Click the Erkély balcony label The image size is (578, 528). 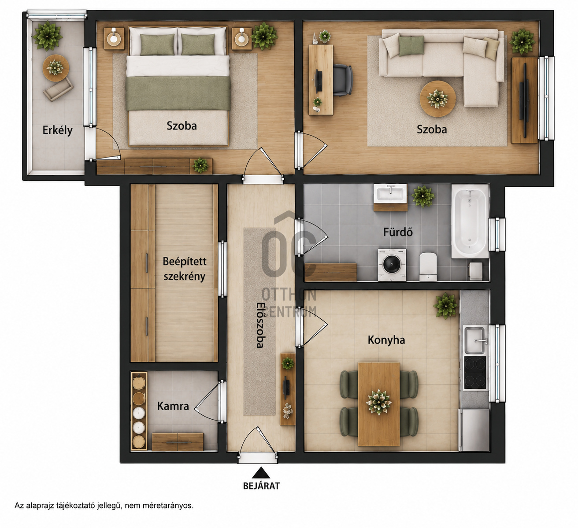coord(57,130)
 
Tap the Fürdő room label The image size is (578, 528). coord(398,232)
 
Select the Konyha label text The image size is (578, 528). coord(386,340)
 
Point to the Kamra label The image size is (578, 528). coord(173,406)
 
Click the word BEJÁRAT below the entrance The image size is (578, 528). coord(261,486)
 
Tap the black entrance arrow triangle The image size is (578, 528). coord(261,473)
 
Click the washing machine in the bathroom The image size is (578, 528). coord(392,265)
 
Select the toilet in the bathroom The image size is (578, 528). coord(428,267)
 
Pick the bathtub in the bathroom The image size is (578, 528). coord(470,221)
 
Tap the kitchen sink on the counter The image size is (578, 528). coord(475,340)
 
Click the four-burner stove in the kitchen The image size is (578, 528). coord(475,373)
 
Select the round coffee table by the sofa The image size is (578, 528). coord(437,99)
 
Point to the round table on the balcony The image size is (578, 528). coord(56,68)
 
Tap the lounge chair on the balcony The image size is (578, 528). coord(59,89)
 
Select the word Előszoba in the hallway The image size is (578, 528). coord(260,325)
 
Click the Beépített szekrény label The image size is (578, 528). coord(185,269)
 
